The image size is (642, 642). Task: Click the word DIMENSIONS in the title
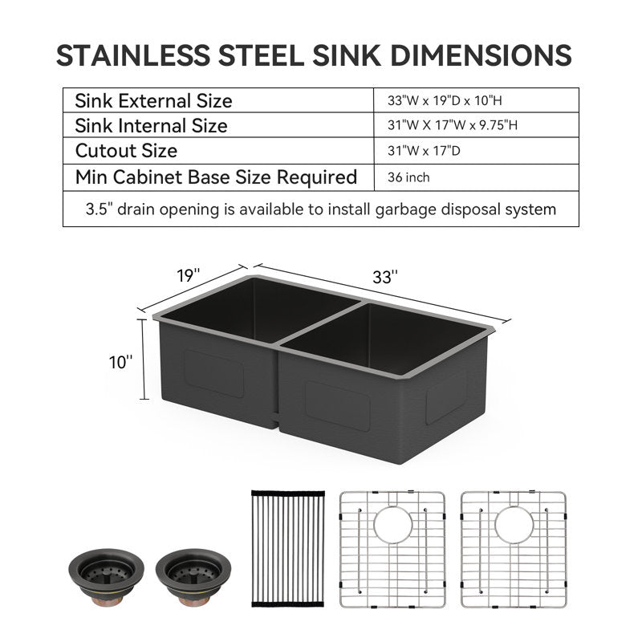pos(481,55)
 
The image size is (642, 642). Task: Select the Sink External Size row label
pos(153,101)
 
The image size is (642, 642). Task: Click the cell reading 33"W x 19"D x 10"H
pos(445,100)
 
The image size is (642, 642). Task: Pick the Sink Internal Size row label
pos(151,126)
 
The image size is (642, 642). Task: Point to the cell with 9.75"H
pos(453,125)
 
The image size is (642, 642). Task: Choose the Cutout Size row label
pos(126,151)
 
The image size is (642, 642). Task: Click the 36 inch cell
pos(408,177)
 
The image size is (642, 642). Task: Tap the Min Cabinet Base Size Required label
pos(216,177)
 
